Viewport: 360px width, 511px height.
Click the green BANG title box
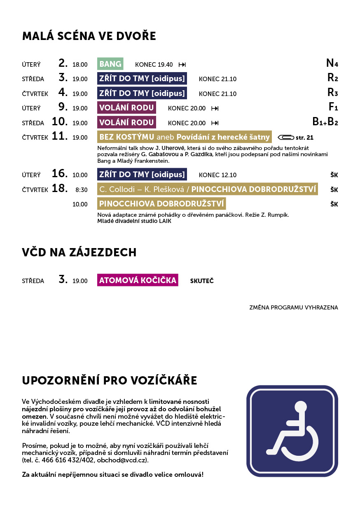click(110, 64)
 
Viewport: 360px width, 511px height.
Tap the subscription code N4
click(332, 63)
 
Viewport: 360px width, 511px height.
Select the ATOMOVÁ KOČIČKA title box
click(138, 281)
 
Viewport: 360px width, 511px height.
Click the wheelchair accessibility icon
click(292, 431)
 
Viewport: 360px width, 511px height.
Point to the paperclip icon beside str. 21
click(286, 137)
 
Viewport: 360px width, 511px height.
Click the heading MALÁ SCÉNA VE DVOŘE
click(89, 36)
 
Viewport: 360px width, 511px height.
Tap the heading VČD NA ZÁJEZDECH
click(79, 252)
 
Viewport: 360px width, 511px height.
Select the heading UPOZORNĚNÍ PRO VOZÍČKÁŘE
click(110, 381)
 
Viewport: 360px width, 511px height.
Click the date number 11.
click(60, 136)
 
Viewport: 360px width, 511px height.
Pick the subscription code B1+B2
click(325, 122)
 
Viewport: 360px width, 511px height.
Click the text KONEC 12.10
click(217, 175)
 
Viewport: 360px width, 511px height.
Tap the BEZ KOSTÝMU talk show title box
click(185, 137)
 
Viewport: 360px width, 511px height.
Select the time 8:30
click(82, 190)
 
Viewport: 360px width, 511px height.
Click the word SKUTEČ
click(202, 281)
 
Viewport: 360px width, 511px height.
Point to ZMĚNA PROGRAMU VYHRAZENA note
click(293, 307)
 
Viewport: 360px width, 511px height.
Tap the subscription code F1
click(333, 108)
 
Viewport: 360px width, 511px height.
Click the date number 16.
click(60, 173)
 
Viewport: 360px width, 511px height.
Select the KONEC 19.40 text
click(154, 65)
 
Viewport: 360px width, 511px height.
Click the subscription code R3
click(332, 93)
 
